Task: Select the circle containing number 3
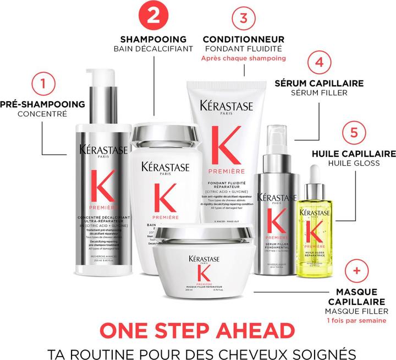[x=243, y=18]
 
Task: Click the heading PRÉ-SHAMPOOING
[x=43, y=103]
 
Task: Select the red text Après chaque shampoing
[x=243, y=58]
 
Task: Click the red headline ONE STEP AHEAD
[x=197, y=331]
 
